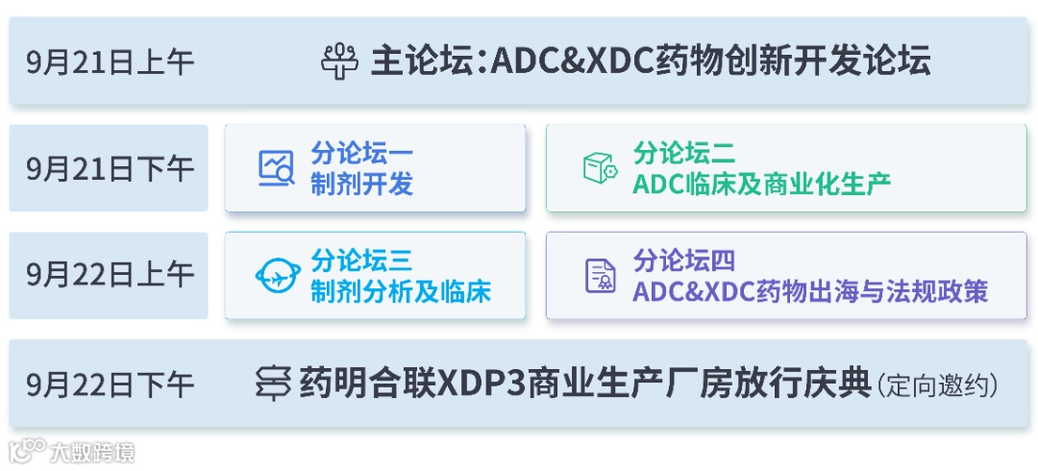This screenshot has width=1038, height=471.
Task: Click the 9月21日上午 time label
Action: point(111,62)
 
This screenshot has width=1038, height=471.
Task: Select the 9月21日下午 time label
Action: point(111,168)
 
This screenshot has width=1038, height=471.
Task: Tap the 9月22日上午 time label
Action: point(111,276)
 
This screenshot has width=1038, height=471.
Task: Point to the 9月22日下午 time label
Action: point(111,384)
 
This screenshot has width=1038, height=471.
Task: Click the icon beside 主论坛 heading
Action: point(340,62)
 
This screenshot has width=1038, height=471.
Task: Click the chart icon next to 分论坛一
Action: point(276,168)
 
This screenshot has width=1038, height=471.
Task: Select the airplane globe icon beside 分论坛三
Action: point(278,276)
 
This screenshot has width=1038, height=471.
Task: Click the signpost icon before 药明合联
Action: point(273,384)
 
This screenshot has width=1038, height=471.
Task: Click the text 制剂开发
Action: point(361,184)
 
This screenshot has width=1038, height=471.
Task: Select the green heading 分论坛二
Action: point(684,153)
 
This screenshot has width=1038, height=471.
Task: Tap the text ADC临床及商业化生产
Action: point(761,184)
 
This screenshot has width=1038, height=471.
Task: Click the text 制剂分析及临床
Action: point(400,291)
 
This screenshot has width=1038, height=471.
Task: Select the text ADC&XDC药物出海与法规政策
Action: point(810,291)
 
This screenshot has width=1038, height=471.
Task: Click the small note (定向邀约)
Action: point(937,386)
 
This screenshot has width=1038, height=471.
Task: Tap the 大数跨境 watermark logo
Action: point(72,451)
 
